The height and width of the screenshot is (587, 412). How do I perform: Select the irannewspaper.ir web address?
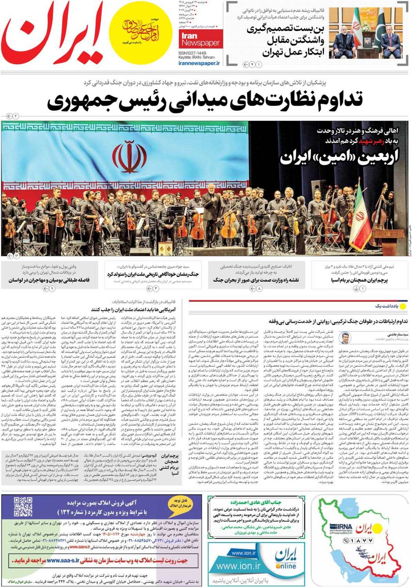(199, 63)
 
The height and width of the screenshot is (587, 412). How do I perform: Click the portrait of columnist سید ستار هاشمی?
(344, 338)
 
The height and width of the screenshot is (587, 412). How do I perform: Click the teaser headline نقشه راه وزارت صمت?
(256, 280)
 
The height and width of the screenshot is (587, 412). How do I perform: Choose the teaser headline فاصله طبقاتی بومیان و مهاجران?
(49, 280)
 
